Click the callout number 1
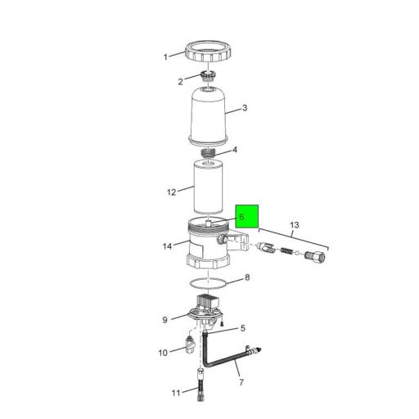tap(165, 57)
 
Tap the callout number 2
tap(180, 82)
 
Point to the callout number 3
tap(245, 108)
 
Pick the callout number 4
tap(235, 150)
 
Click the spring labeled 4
tap(208, 153)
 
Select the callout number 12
tap(172, 192)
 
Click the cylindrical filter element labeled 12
tap(208, 187)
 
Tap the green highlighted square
tap(247, 216)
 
